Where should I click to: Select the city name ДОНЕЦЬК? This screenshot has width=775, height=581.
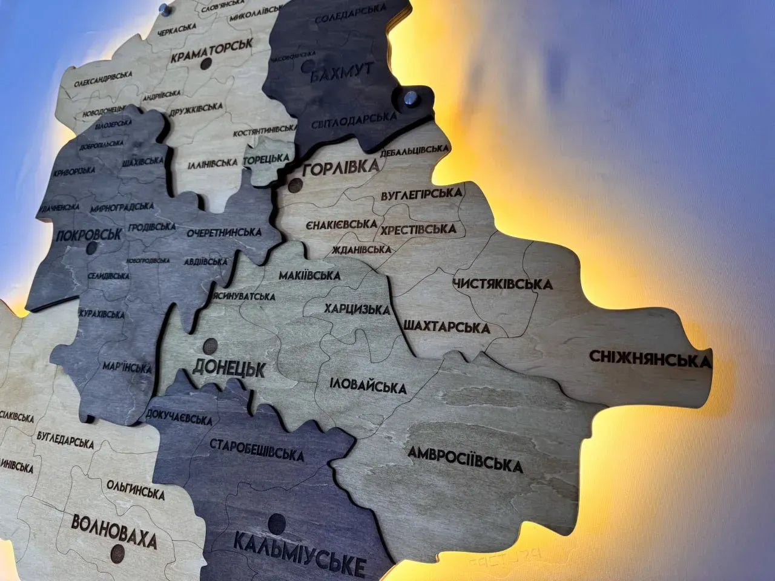pos(229,367)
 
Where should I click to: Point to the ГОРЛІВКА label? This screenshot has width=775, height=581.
pos(340,169)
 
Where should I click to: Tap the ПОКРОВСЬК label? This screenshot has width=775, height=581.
pos(88,234)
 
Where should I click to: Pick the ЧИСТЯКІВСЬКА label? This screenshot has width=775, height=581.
pos(503,283)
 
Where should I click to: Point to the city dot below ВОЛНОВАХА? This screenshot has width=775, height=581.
pos(117,552)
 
